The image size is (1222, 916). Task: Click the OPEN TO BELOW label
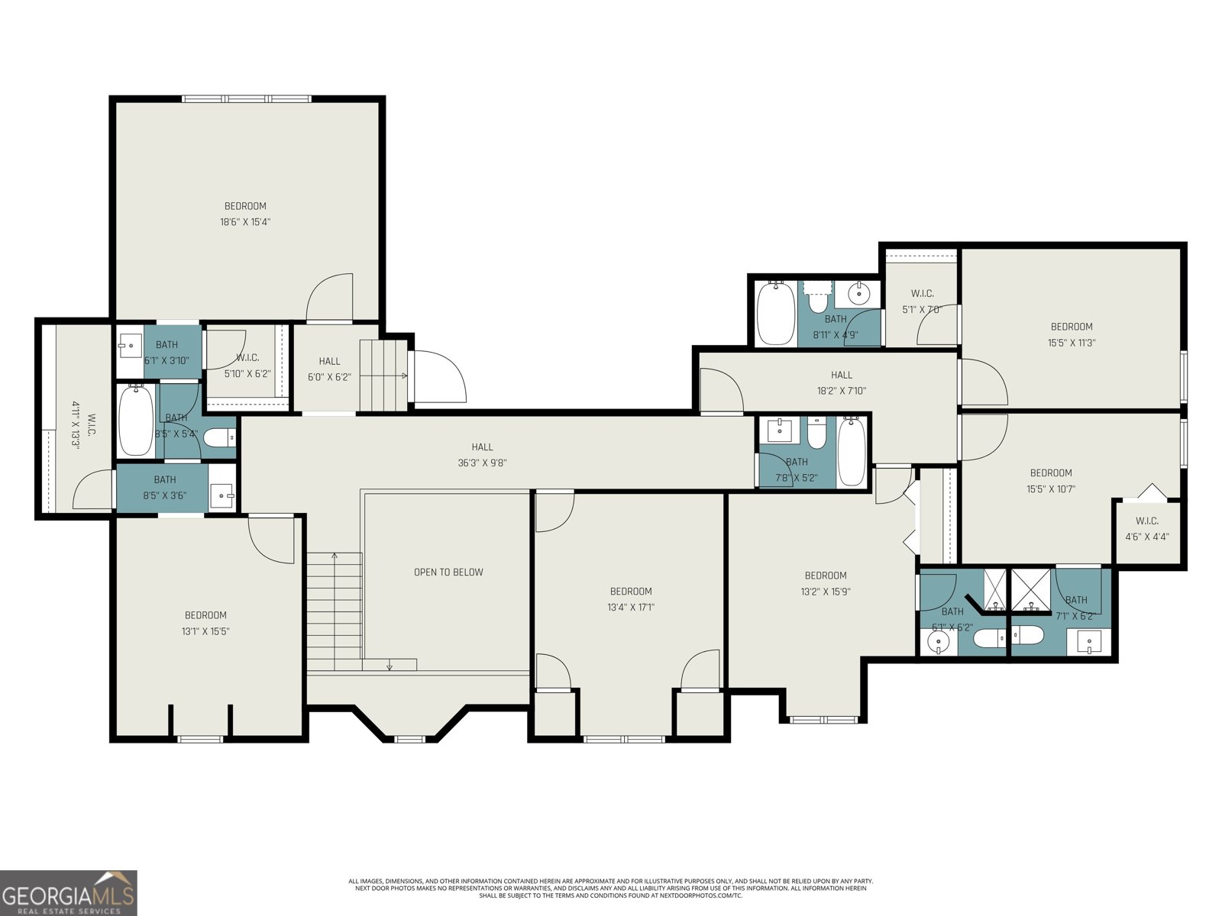click(448, 572)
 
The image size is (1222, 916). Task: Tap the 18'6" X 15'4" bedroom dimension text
click(245, 222)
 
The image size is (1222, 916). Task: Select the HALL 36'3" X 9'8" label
click(482, 455)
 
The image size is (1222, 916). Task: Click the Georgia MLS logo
click(69, 892)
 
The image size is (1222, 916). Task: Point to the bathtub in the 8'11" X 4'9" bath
click(776, 314)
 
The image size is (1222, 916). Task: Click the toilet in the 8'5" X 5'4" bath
click(221, 438)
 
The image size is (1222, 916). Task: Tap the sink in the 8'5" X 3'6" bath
click(221, 495)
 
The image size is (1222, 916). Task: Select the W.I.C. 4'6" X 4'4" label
click(1146, 529)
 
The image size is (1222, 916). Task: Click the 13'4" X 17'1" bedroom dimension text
click(630, 608)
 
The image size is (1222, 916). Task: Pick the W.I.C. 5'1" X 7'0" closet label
click(922, 302)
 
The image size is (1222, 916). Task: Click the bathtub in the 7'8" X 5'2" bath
click(852, 451)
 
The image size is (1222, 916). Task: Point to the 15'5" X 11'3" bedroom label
click(1071, 334)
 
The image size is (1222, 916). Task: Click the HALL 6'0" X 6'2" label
click(329, 369)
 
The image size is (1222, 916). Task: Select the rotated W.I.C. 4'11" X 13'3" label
click(86, 431)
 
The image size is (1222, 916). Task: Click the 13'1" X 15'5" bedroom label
click(205, 623)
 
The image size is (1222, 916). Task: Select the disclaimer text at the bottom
click(610, 888)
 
